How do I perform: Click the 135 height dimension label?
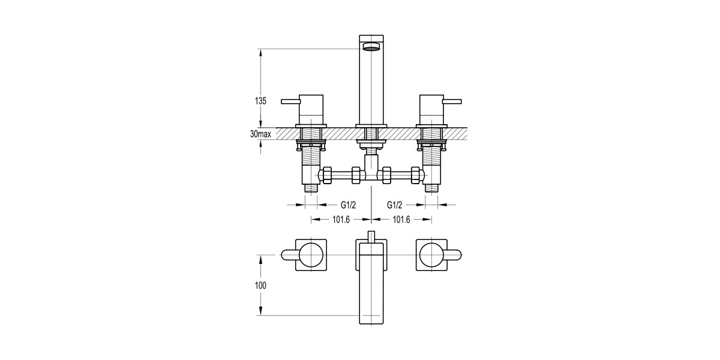tap(260, 101)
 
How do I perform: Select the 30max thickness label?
tap(260, 134)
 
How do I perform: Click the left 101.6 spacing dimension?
tap(341, 220)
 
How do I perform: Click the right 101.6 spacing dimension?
tap(401, 220)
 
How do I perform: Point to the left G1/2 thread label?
tap(341, 205)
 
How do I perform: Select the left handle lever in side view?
tap(291, 102)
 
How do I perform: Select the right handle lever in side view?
tap(451, 102)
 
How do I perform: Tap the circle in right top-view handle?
tap(431, 255)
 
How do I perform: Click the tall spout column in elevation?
tap(371, 90)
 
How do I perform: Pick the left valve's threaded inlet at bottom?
tap(311, 187)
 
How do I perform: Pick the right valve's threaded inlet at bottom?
tap(432, 187)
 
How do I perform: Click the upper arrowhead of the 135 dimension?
tap(260, 52)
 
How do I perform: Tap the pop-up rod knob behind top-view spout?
tap(371, 235)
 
